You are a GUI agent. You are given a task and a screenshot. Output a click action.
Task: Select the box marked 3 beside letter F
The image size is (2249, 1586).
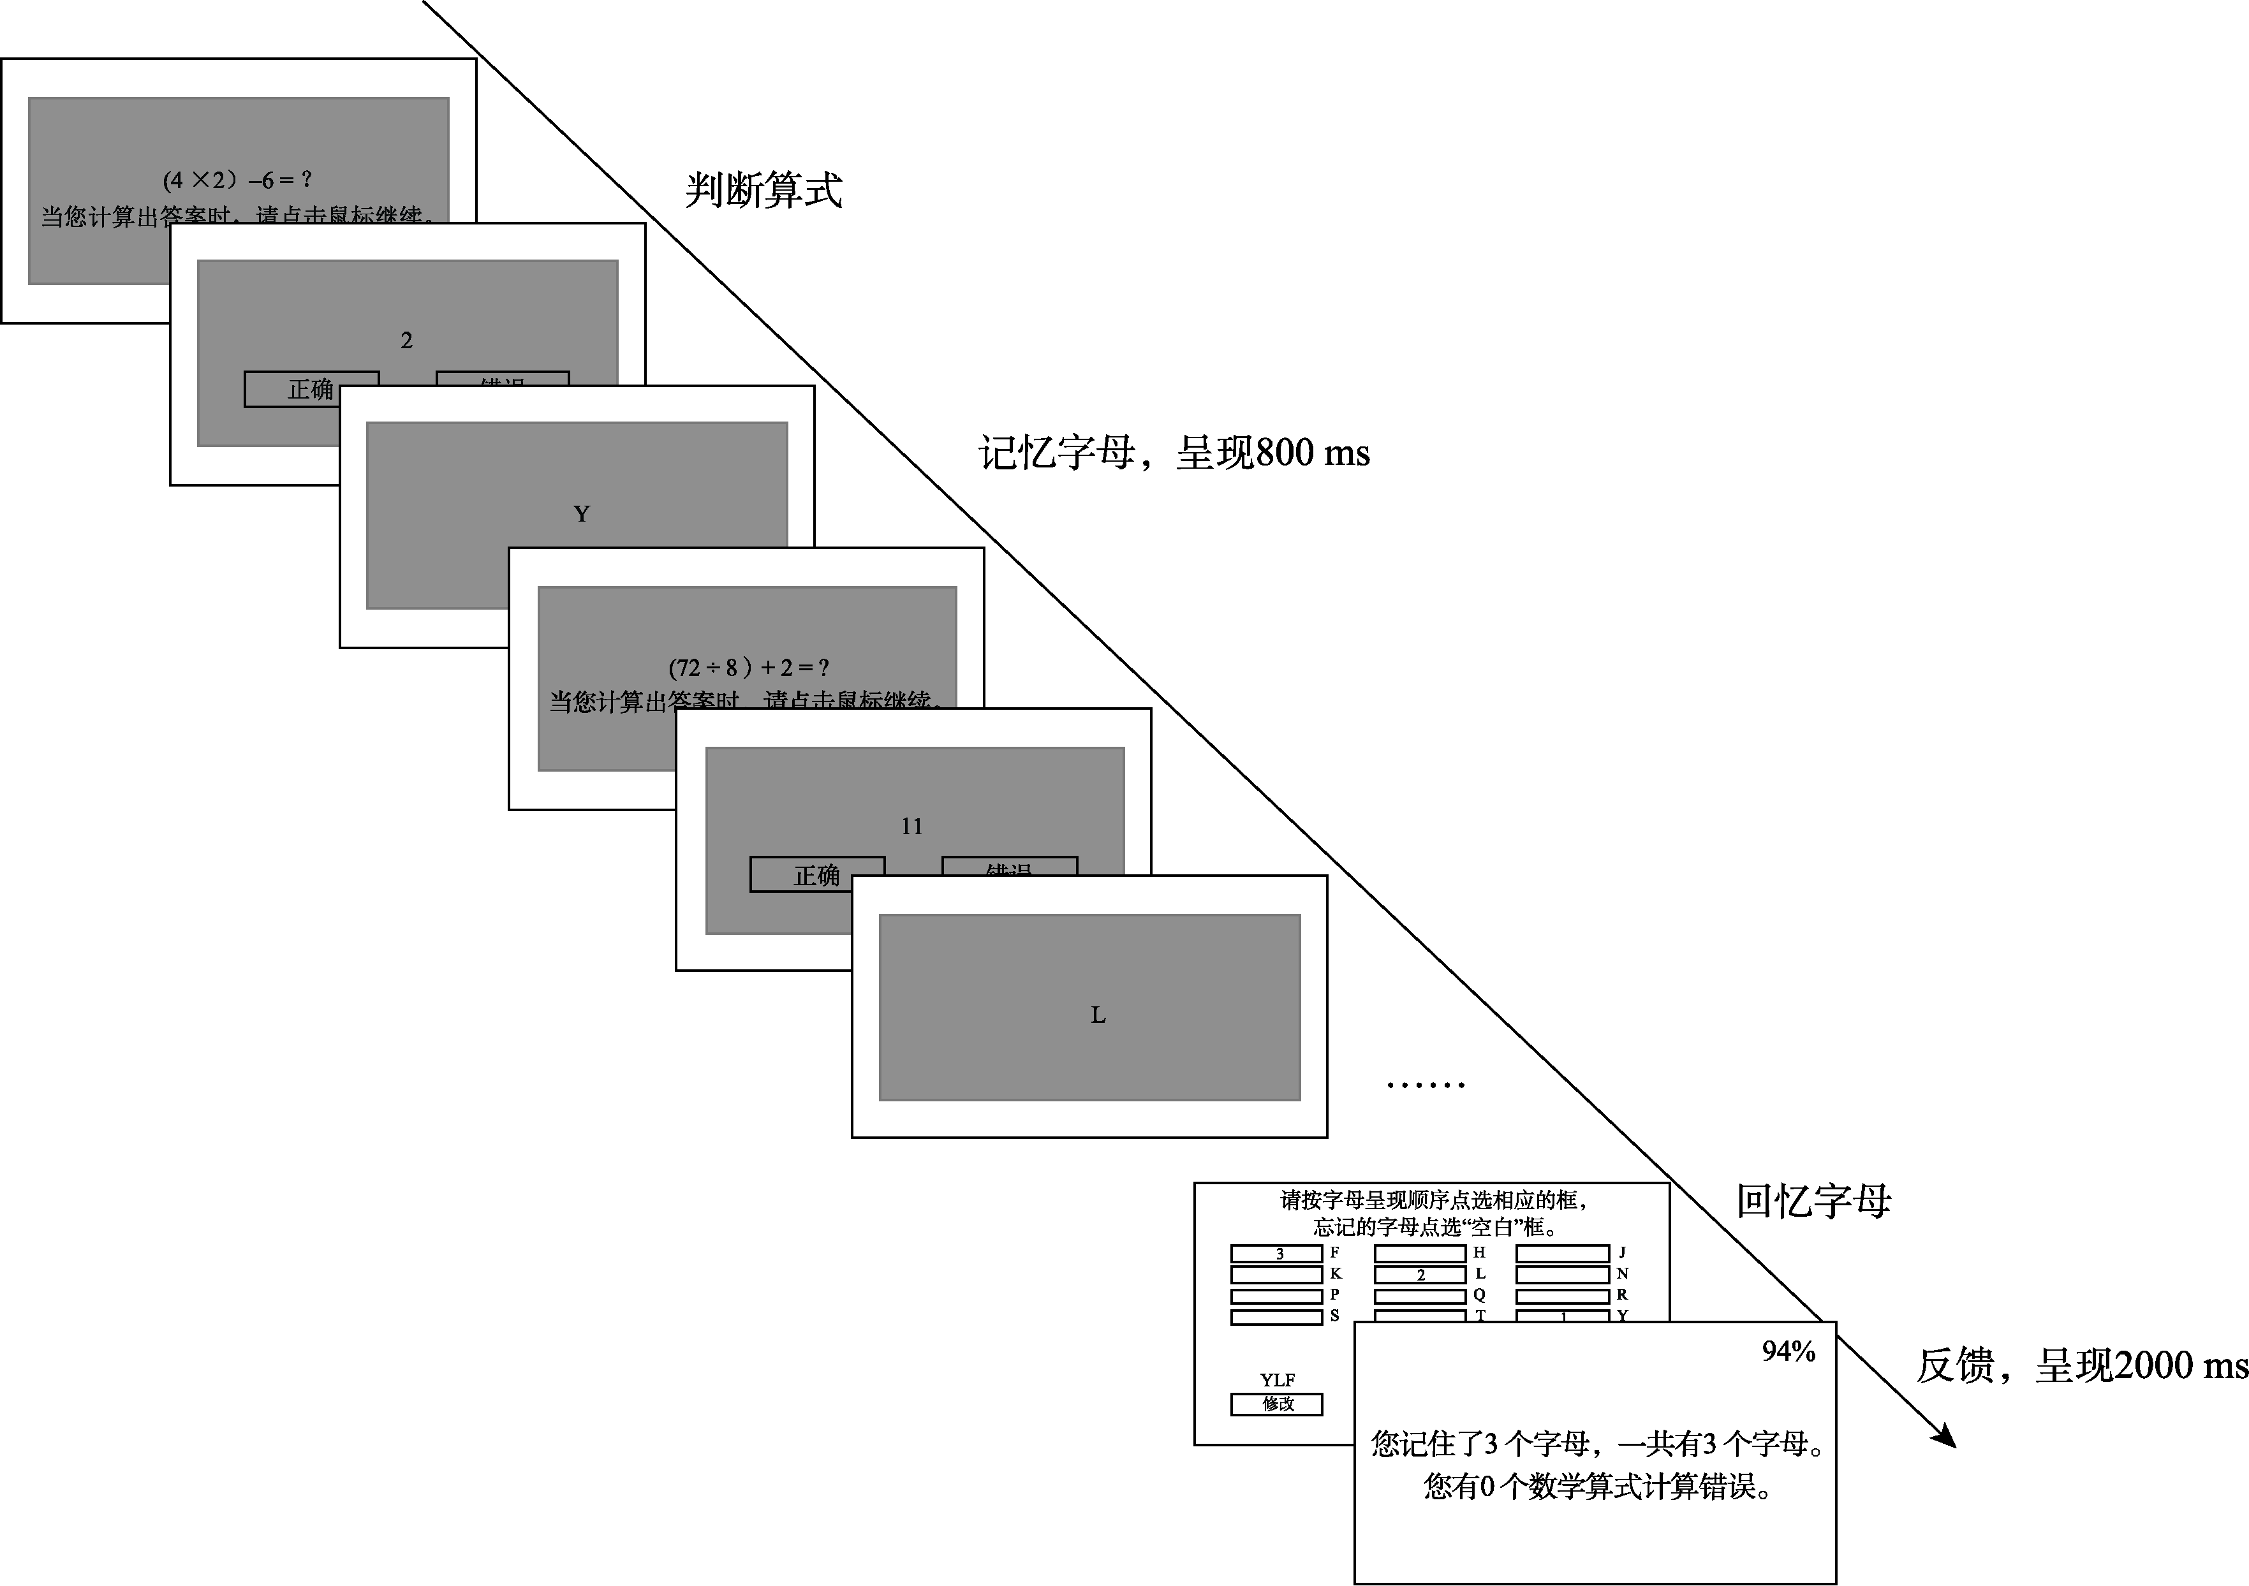click(x=1276, y=1254)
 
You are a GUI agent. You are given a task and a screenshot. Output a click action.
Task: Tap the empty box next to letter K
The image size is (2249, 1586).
click(x=1276, y=1275)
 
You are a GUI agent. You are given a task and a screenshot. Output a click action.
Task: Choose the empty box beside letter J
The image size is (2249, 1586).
click(x=1562, y=1253)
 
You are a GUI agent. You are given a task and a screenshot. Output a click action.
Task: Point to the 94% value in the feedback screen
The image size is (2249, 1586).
click(x=1788, y=1352)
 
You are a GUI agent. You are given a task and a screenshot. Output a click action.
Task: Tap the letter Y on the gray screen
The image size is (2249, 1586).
click(x=581, y=513)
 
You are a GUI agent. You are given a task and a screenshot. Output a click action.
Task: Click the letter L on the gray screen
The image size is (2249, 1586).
click(x=1098, y=1015)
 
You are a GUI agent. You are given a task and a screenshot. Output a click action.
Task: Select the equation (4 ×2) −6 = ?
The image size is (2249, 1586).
click(x=237, y=179)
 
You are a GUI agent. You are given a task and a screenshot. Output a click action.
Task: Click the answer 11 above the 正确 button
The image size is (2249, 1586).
click(x=912, y=826)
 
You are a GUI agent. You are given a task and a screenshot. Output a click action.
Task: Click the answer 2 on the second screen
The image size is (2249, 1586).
click(x=406, y=340)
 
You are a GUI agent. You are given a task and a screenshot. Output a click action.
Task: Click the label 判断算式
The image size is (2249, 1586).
click(x=763, y=189)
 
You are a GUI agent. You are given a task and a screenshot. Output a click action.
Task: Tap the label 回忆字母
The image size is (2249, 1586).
click(x=1813, y=1201)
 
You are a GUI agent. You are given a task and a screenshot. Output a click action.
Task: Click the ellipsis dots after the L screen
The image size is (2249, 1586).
click(x=1425, y=1084)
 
